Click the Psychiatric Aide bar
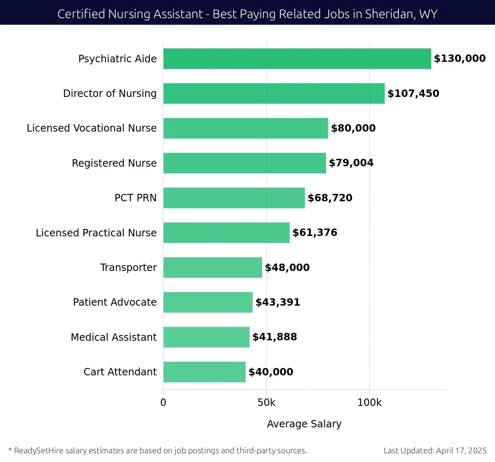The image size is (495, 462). click(x=297, y=59)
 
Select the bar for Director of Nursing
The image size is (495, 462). click(x=274, y=93)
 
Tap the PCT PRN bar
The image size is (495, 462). click(x=234, y=198)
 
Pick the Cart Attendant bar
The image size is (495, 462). click(x=204, y=372)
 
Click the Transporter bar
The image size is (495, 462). click(x=212, y=267)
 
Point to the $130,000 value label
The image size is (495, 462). click(x=460, y=59)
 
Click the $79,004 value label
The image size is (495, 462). click(x=351, y=163)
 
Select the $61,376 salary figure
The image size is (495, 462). click(x=315, y=233)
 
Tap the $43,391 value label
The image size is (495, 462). click(x=278, y=302)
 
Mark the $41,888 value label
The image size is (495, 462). click(x=275, y=337)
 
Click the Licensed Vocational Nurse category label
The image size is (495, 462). click(x=92, y=128)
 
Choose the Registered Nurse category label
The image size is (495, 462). click(x=114, y=163)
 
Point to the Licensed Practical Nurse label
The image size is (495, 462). click(x=96, y=233)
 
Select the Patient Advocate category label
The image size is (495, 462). click(x=115, y=302)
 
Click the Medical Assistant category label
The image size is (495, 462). click(x=113, y=337)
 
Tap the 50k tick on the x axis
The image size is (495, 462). click(x=266, y=403)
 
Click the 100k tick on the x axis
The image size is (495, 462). click(x=369, y=403)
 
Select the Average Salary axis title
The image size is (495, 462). click(x=304, y=424)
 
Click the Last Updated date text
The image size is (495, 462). click(x=435, y=450)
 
